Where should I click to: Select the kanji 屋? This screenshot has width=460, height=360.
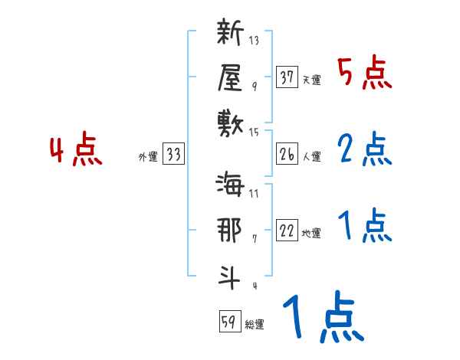click(230, 77)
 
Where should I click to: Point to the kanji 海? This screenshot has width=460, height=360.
click(230, 186)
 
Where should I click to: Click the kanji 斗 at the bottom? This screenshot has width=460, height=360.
click(230, 275)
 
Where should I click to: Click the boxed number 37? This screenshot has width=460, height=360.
click(287, 77)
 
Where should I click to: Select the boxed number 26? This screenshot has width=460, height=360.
click(287, 155)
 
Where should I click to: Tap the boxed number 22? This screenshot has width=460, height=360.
click(287, 231)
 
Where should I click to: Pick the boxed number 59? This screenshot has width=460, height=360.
click(228, 322)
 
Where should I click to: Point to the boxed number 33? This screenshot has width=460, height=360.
click(173, 155)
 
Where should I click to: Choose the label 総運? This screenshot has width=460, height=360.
click(255, 325)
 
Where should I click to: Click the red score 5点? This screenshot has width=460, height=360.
click(364, 74)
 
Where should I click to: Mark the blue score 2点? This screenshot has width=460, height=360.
click(364, 149)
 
